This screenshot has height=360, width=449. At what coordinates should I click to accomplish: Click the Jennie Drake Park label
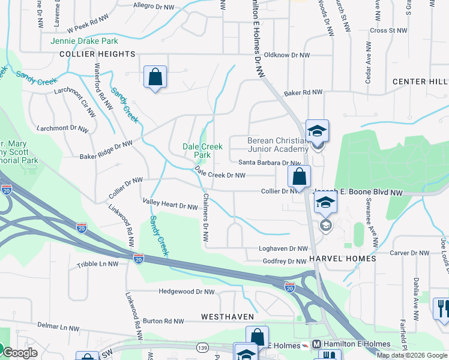click(x=84, y=41)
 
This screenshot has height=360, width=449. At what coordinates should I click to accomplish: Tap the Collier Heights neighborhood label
click(x=97, y=54)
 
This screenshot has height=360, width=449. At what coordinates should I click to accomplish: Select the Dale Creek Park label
click(x=203, y=151)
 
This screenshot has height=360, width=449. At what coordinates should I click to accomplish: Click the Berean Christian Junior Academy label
click(x=278, y=145)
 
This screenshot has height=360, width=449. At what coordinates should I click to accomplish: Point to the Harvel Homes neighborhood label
click(x=343, y=259)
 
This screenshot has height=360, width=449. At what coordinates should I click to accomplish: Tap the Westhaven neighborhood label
click(x=228, y=316)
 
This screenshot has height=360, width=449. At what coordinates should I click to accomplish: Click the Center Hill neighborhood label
click(x=420, y=82)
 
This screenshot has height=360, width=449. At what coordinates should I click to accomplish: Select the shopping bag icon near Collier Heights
click(x=155, y=77)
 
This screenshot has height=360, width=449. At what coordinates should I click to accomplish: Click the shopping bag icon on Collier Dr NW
click(x=299, y=177)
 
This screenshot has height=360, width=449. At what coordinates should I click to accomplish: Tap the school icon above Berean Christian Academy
click(x=317, y=130)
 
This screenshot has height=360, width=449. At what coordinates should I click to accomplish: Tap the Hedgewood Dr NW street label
click(x=186, y=292)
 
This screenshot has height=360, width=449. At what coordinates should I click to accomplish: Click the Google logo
click(x=19, y=353)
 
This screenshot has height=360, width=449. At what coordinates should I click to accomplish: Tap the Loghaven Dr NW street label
click(x=283, y=248)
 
